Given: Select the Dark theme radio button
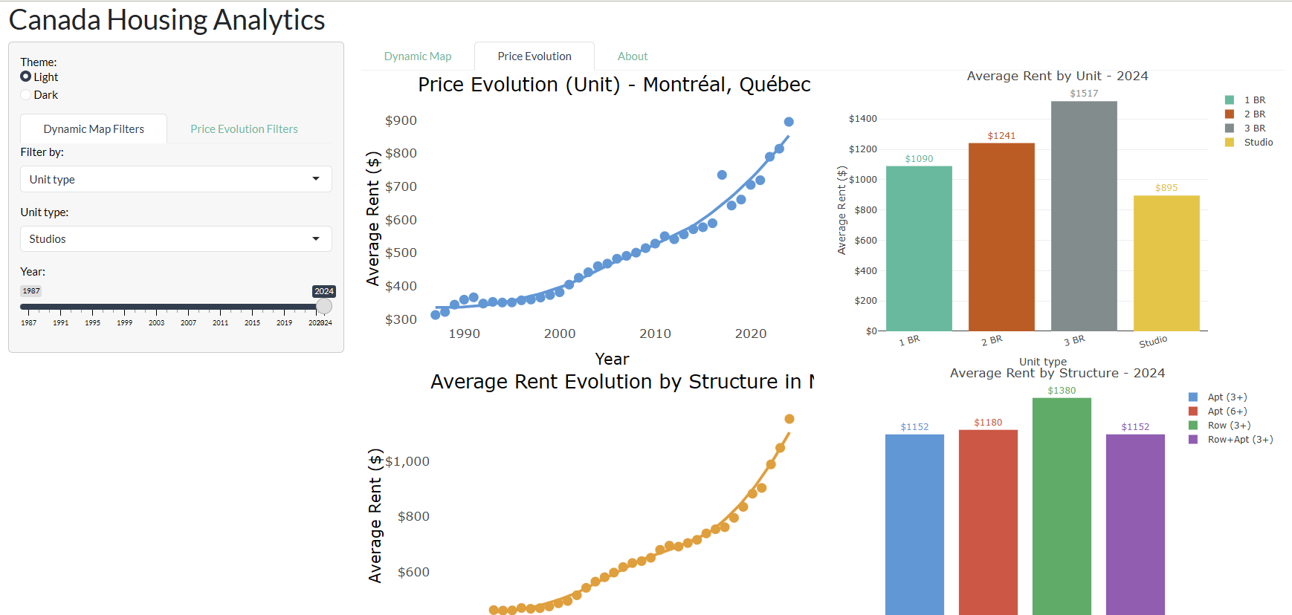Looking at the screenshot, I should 26,95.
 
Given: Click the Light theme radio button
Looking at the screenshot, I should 26,77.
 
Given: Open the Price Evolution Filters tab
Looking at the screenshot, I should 244,129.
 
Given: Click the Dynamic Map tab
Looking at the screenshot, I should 418,56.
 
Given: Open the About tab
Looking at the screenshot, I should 633,56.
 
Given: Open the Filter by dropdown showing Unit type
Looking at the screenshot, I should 175,179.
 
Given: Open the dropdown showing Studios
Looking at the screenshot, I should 175,239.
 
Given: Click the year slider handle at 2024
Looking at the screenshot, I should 324,306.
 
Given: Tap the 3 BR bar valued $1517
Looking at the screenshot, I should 1084,215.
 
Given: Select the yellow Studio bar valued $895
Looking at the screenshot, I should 1166,263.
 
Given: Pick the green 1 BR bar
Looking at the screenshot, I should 919,248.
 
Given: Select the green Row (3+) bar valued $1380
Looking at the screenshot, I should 1062,505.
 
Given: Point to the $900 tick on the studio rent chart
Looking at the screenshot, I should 401,120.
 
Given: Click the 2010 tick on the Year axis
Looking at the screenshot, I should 655,334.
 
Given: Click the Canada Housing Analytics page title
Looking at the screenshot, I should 167,20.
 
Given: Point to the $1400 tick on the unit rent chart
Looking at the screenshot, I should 862,119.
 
